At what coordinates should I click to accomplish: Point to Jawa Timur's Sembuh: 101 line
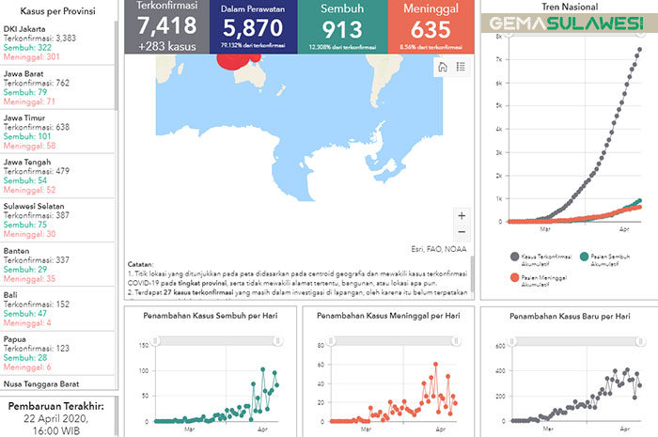(30, 135)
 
